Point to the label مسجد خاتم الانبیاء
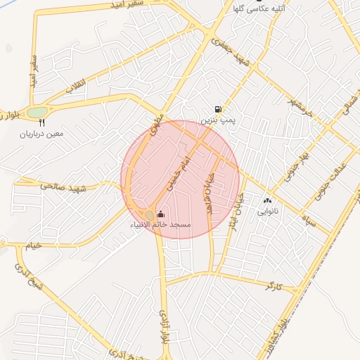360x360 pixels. tap(161, 224)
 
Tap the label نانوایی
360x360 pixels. tap(267, 211)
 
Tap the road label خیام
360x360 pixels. tap(33, 245)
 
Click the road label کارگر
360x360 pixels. tap(274, 285)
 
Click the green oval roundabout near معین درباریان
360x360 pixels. tap(36, 112)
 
